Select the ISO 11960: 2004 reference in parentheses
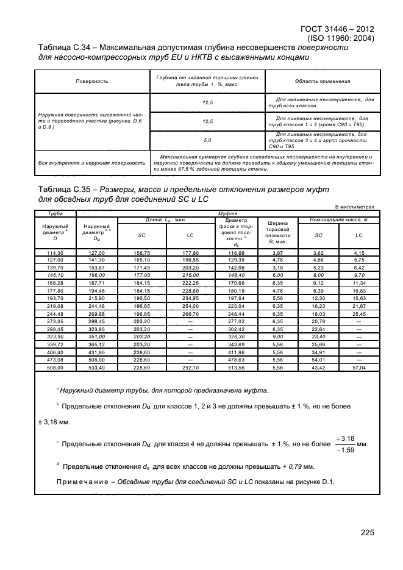[x=346, y=38]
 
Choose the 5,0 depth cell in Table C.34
[x=207, y=141]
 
